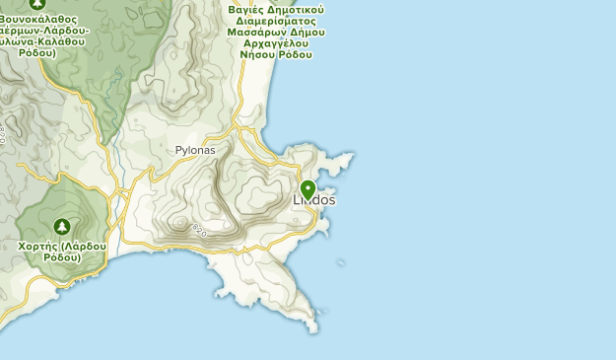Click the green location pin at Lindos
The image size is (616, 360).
308,189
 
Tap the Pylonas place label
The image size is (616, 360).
195,151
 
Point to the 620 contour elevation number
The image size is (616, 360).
200,231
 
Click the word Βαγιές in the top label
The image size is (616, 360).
246,9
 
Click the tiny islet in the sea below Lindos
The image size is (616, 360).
341,262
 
